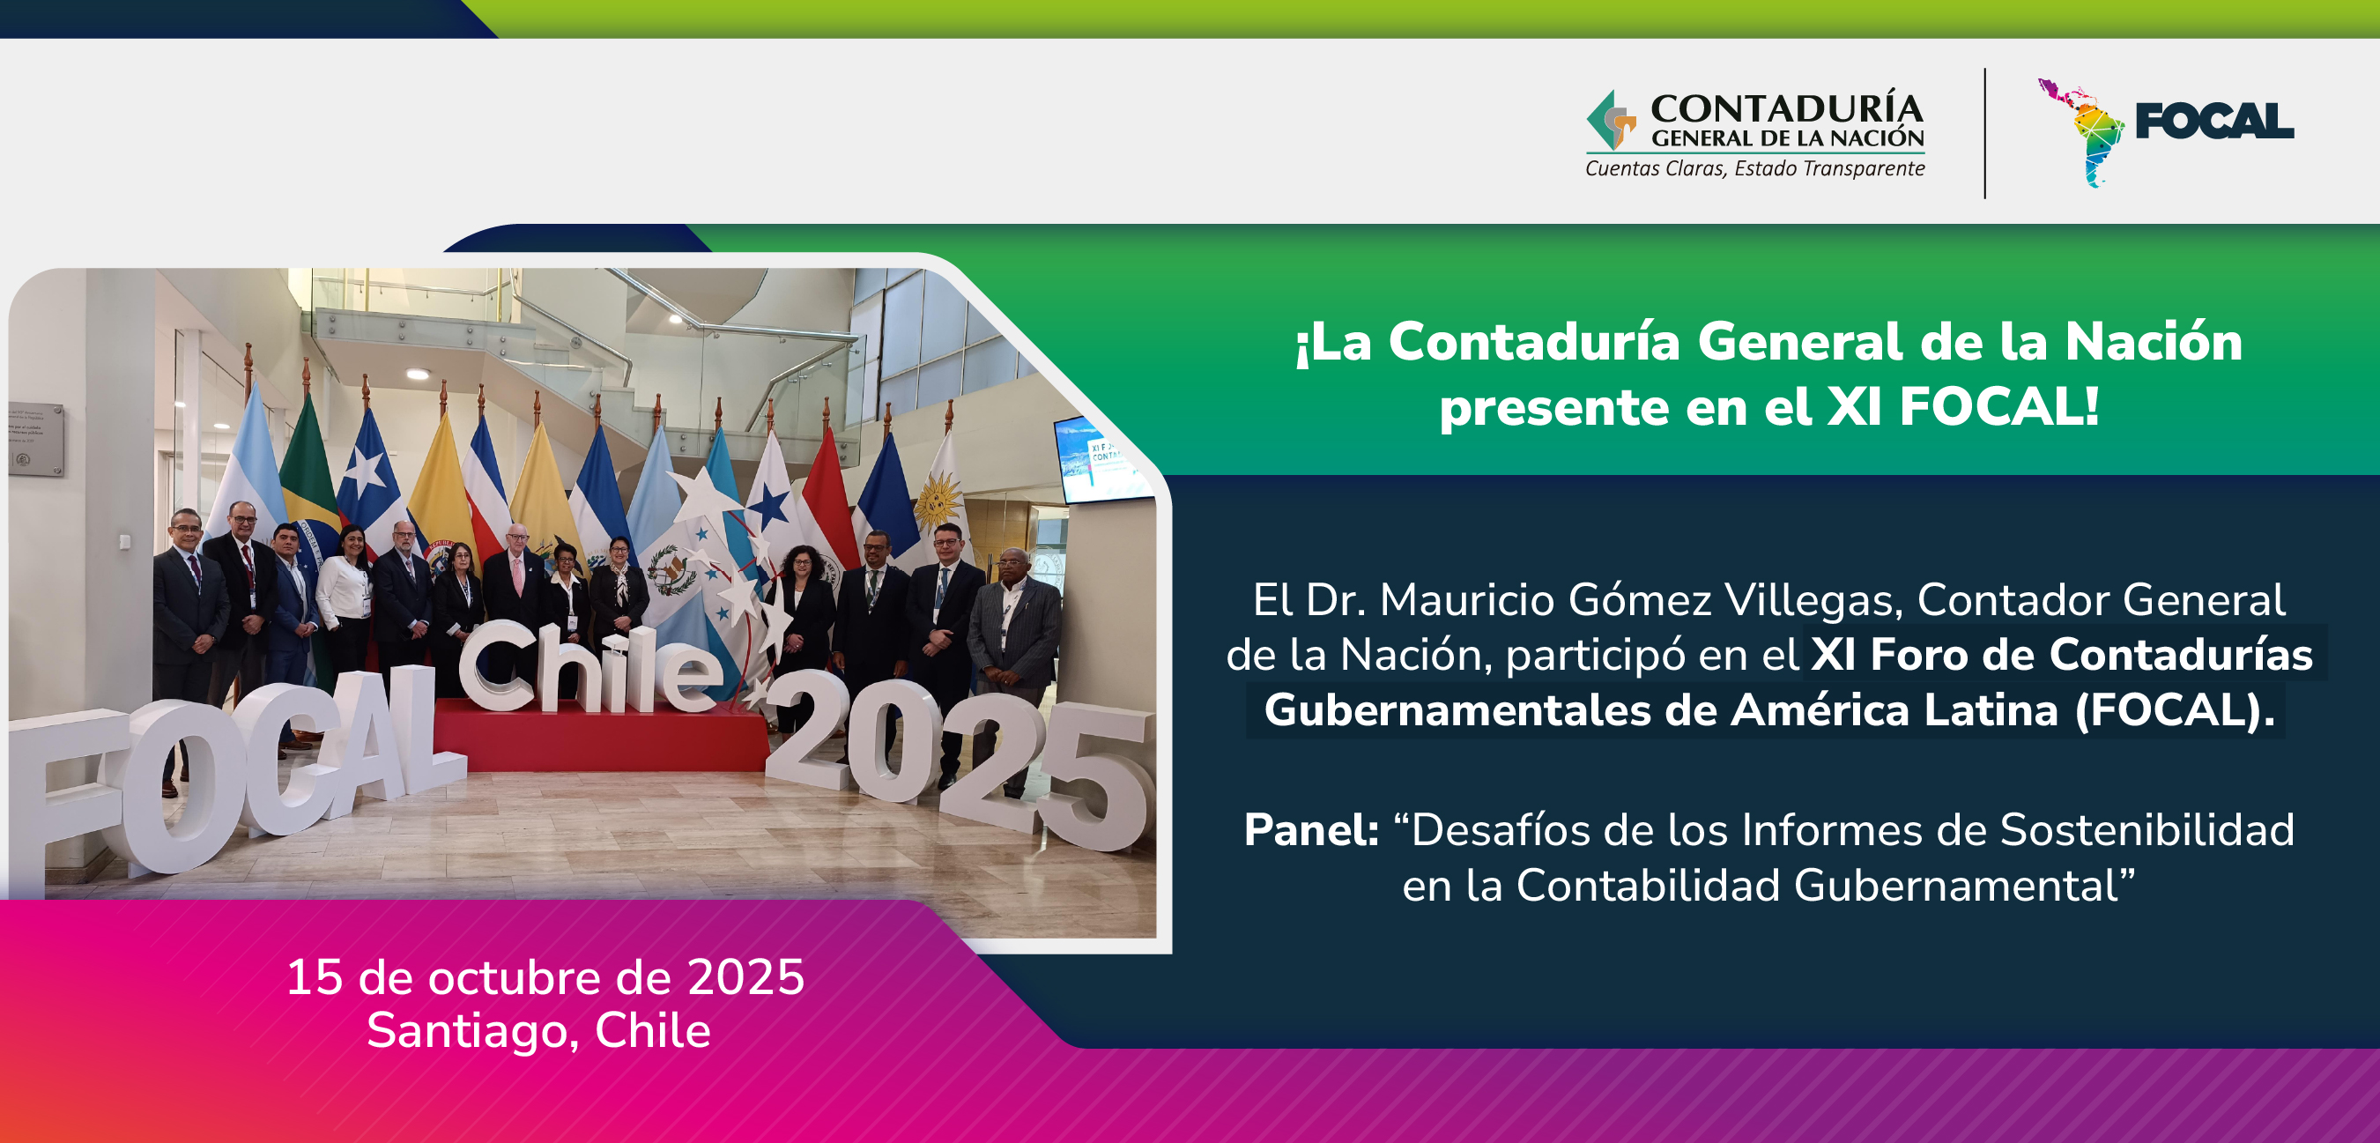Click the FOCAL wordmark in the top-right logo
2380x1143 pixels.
pyautogui.click(x=2214, y=121)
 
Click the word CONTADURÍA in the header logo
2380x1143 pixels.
pyautogui.click(x=1787, y=108)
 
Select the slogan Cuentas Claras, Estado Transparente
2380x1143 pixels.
pyautogui.click(x=1754, y=168)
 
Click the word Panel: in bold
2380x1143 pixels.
pyautogui.click(x=1311, y=830)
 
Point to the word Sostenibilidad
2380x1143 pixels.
pyautogui.click(x=2147, y=830)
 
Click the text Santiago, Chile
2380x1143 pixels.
pyautogui.click(x=538, y=1030)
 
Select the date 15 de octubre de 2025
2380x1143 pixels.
pyautogui.click(x=545, y=976)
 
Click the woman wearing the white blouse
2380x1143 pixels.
pyautogui.click(x=345, y=601)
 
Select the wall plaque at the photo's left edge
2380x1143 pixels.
pyautogui.click(x=36, y=439)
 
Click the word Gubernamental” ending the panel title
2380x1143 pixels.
pyautogui.click(x=1965, y=885)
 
